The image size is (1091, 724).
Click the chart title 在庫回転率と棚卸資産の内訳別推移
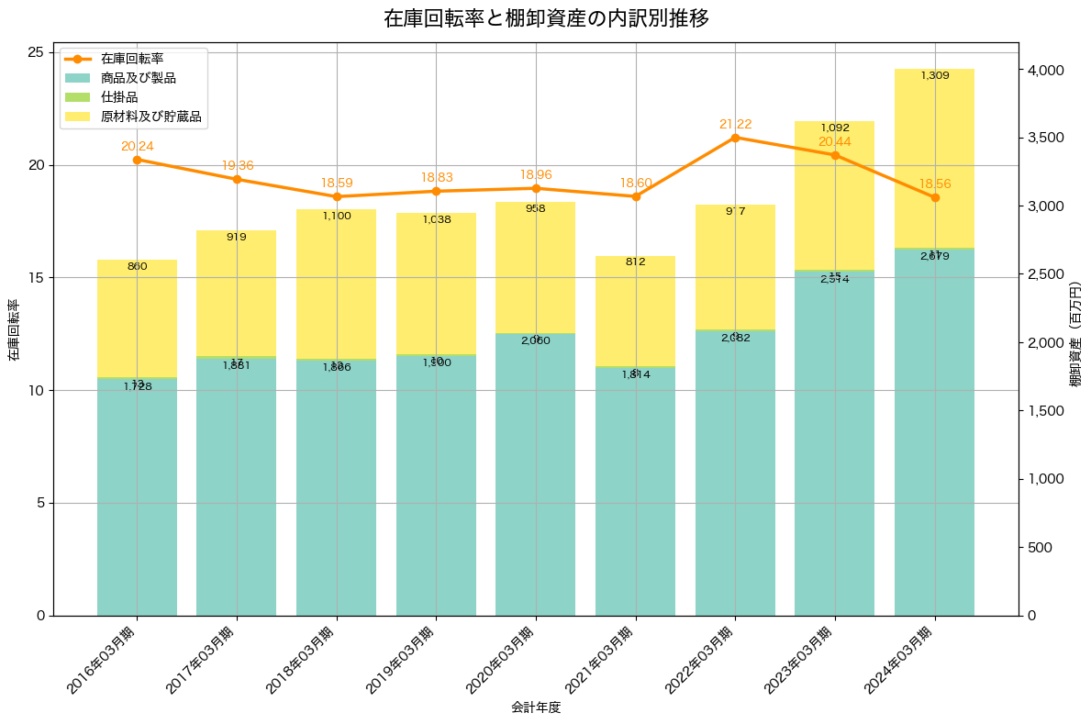click(546, 18)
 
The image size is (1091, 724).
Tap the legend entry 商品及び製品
click(138, 78)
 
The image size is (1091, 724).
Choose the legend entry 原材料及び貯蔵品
click(150, 117)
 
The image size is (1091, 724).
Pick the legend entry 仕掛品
click(119, 97)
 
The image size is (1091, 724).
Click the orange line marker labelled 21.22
click(735, 138)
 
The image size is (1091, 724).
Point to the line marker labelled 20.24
click(137, 160)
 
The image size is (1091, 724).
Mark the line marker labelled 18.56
click(935, 197)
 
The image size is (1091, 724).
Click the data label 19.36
click(237, 166)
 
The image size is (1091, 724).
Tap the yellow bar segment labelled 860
click(137, 317)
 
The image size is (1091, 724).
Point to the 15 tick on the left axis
click(39, 278)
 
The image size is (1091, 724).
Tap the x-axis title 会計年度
click(535, 707)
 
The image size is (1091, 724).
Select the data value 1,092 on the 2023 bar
click(835, 128)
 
